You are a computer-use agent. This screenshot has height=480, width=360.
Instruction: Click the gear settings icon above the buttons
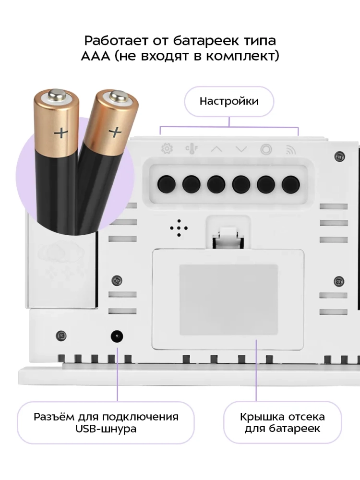pos(167,149)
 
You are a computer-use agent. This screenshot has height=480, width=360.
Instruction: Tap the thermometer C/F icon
pos(192,149)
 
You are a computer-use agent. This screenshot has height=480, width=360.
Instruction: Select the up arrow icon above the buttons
pos(216,149)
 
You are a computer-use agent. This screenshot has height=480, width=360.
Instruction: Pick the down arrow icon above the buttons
pos(241,149)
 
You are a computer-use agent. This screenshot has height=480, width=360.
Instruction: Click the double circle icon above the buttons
pos(266,149)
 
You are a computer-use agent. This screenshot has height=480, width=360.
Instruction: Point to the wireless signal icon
pos(290,149)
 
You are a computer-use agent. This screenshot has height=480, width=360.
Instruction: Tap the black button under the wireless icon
pos(290,184)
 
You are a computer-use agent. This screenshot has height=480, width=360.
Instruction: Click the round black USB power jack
pos(117,336)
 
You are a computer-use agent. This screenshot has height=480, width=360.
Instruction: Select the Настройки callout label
pos(229,101)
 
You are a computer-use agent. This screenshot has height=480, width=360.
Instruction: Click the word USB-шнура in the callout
pos(106,429)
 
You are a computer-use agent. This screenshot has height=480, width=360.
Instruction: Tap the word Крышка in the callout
pos(259,417)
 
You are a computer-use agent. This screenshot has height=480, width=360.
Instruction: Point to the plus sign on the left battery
pos(61,133)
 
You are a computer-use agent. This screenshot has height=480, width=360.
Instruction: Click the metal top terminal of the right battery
pos(119,96)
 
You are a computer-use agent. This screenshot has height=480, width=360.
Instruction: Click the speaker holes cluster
pos(179,228)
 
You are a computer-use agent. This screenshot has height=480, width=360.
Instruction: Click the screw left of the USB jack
pos(61,336)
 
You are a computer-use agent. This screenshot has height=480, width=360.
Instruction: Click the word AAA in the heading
pos(96,56)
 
